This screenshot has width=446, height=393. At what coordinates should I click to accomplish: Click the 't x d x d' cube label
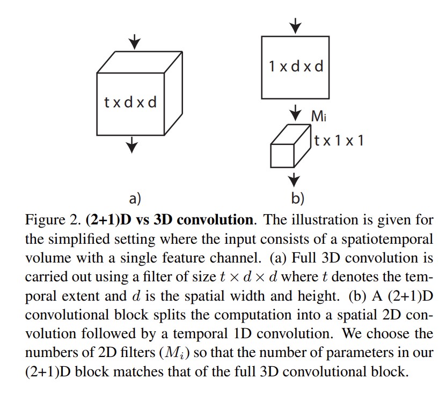click(130, 102)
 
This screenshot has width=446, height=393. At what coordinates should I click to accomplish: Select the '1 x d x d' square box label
click(296, 67)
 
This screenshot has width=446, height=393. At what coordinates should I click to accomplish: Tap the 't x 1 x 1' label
click(339, 141)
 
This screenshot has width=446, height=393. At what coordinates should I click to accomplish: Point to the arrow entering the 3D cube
click(134, 41)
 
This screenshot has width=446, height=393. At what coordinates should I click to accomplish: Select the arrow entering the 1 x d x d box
click(296, 25)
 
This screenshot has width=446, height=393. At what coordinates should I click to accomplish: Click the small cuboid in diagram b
click(288, 148)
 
